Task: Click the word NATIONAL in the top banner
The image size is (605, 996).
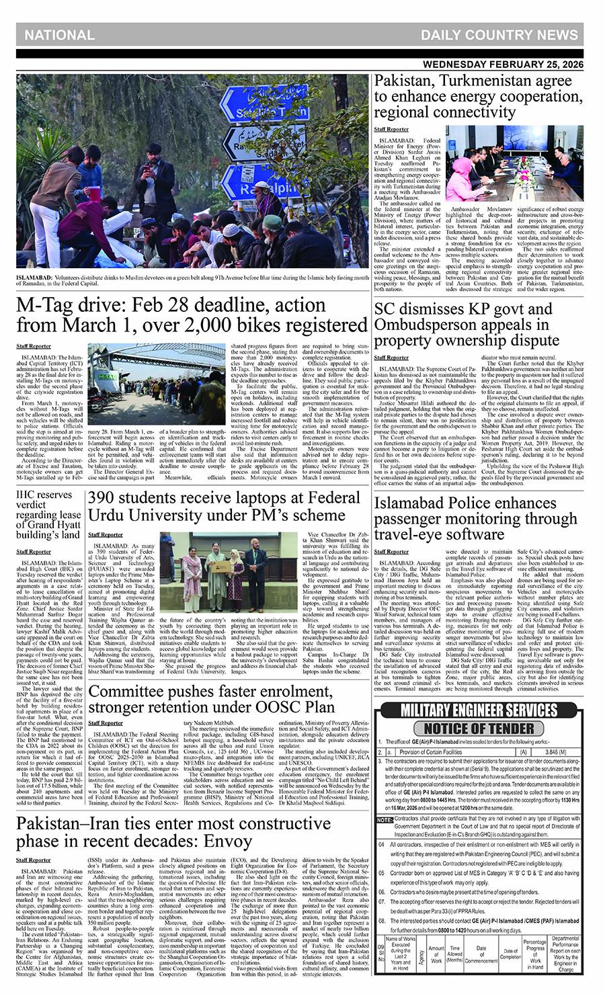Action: (59, 35)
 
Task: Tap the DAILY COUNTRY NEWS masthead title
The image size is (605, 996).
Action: (499, 35)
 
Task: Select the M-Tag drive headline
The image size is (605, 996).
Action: (192, 315)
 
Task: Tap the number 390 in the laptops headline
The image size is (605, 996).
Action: (105, 498)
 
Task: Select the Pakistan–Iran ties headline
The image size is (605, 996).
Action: (173, 832)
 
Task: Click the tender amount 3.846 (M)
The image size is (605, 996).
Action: (555, 752)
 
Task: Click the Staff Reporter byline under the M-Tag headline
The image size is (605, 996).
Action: (33, 347)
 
